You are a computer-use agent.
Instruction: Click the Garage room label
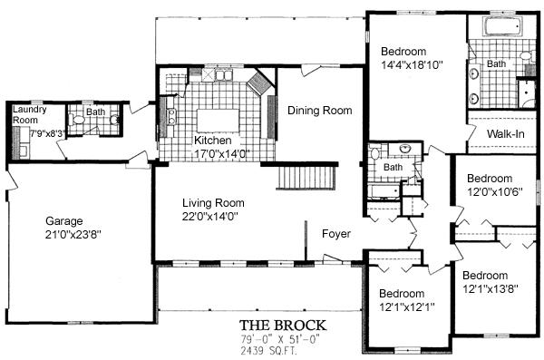click(x=64, y=221)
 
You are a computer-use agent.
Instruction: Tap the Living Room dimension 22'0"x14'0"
click(x=210, y=217)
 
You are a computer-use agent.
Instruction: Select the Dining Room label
click(x=319, y=111)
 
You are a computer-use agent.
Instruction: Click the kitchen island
click(x=219, y=120)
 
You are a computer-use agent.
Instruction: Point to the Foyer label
click(x=336, y=234)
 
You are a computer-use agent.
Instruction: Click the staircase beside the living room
click(x=307, y=177)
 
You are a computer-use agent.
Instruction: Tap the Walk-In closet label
click(x=506, y=133)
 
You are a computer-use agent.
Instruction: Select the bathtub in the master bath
click(x=502, y=26)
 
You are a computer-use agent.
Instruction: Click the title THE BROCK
click(x=283, y=326)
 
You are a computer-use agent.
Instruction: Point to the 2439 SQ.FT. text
click(x=269, y=351)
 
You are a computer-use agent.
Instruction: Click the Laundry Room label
click(x=30, y=115)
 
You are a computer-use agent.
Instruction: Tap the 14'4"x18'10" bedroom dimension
click(x=412, y=65)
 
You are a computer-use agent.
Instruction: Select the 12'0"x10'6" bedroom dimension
click(x=495, y=191)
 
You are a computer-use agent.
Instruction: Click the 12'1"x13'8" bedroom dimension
click(x=491, y=288)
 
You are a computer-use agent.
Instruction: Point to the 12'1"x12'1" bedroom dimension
click(x=406, y=307)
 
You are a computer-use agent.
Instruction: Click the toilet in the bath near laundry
click(x=78, y=120)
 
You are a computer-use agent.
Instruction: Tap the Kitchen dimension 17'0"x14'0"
click(x=222, y=153)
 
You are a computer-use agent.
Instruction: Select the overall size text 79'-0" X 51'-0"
click(x=279, y=339)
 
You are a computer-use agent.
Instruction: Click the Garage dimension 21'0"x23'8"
click(x=73, y=235)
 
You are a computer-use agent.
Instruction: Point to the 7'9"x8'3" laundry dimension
click(x=47, y=133)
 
